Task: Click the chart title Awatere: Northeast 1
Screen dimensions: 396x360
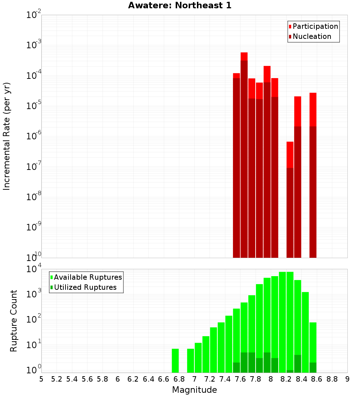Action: click(180, 5)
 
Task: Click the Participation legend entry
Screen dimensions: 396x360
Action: click(315, 26)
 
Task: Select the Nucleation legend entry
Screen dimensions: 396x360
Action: click(311, 36)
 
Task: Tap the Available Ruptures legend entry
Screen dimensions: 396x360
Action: click(87, 277)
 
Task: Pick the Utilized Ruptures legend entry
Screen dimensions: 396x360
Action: click(85, 287)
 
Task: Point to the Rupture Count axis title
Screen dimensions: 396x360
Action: click(14, 321)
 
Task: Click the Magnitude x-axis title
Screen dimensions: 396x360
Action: click(194, 390)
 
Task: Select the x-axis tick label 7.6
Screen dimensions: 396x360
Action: click(240, 379)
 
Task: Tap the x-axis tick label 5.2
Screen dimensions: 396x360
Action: click(57, 379)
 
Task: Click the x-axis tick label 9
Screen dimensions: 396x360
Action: click(347, 379)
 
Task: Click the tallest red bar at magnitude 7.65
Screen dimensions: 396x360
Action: click(244, 155)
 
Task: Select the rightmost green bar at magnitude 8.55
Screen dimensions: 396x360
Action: click(313, 342)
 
